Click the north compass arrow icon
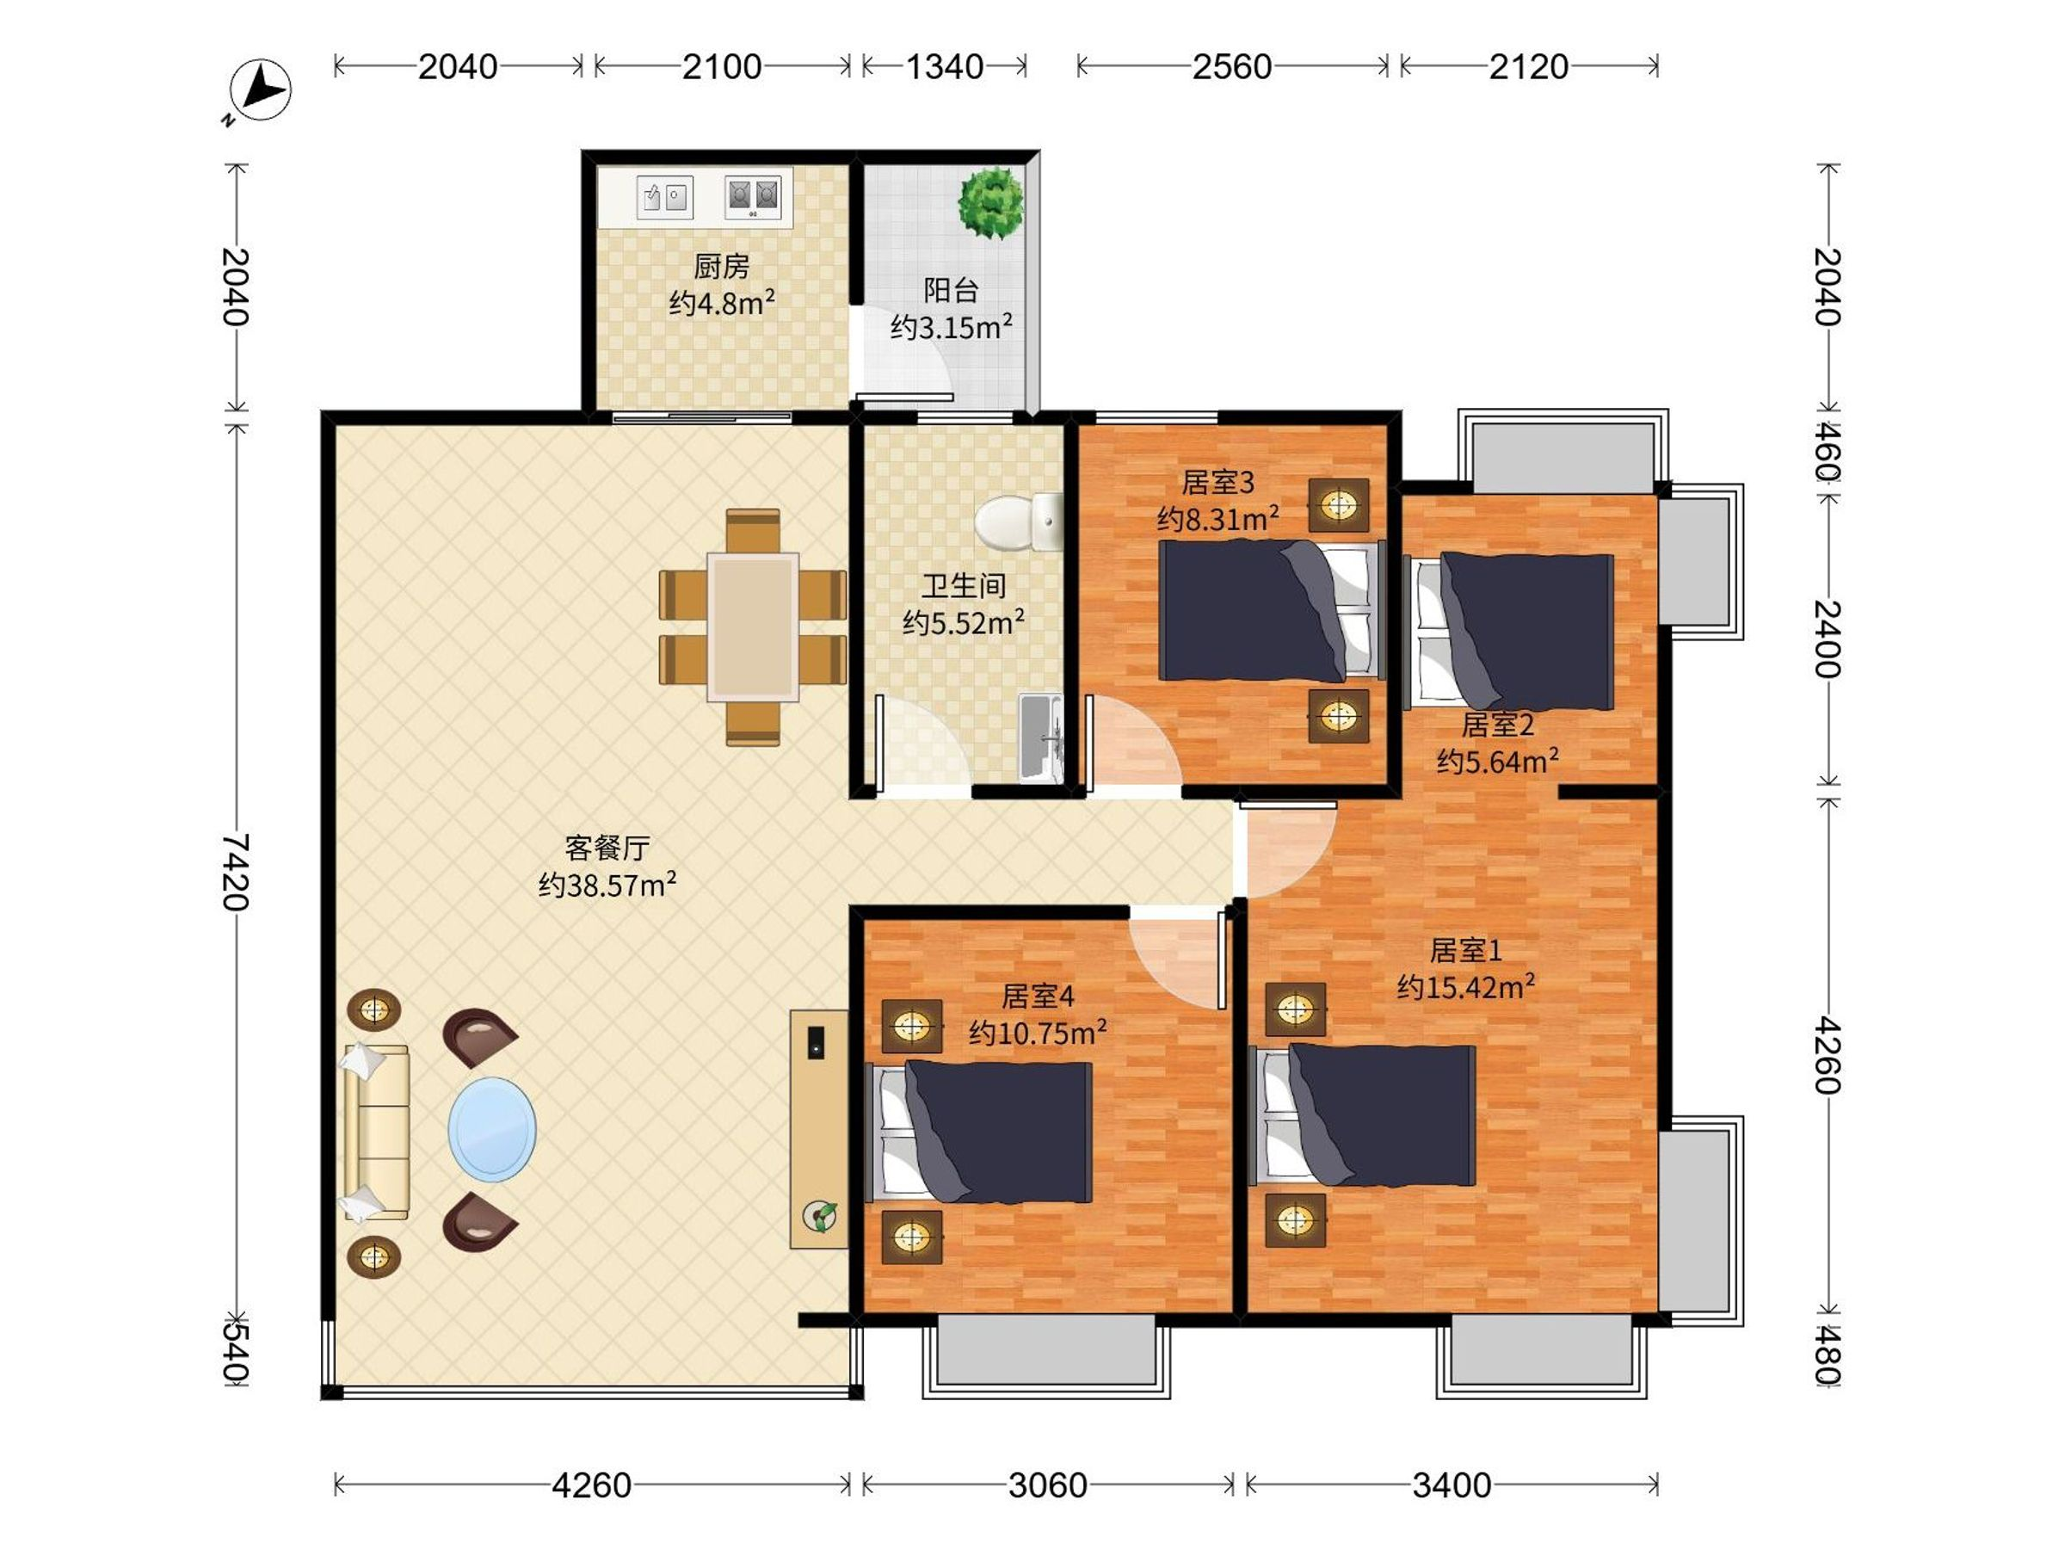(259, 90)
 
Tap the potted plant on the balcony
(990, 202)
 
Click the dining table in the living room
(753, 626)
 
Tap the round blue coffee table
(492, 1129)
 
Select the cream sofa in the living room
(375, 1132)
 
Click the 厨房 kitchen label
(722, 267)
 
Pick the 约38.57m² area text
(607, 884)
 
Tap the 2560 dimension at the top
(1231, 66)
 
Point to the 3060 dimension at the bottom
(1047, 1484)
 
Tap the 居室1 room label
(1465, 951)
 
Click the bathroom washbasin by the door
(1041, 737)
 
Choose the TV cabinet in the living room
(819, 1129)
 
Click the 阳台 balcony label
(951, 290)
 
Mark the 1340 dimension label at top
(945, 66)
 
